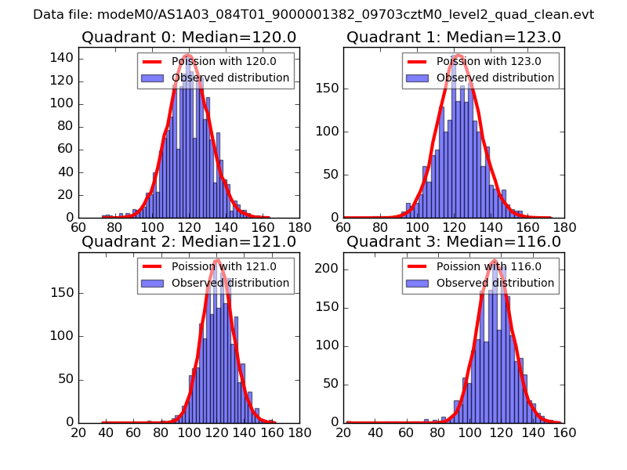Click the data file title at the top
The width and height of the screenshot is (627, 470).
coord(313,15)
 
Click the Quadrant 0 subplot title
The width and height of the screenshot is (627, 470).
coord(188,37)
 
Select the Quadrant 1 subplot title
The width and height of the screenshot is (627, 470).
coord(454,37)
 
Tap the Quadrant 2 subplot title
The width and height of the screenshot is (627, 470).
coord(188,241)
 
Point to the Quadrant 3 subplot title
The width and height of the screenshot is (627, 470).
coord(454,241)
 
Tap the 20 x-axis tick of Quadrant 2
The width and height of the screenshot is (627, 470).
coord(78,432)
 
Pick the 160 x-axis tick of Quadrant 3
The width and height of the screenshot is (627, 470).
coord(564,432)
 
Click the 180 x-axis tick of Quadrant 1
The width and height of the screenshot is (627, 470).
coord(564,228)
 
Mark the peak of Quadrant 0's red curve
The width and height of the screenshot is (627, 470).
coord(189,55)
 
